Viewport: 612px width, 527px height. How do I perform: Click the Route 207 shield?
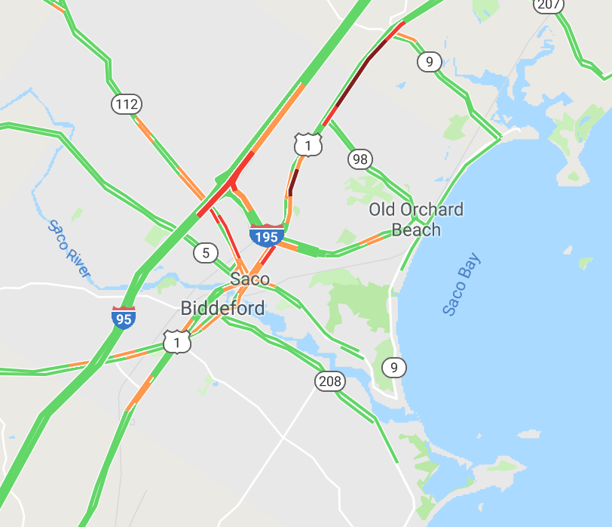click(x=549, y=5)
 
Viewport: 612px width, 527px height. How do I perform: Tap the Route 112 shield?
click(x=127, y=103)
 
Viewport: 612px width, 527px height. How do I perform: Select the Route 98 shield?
click(x=360, y=159)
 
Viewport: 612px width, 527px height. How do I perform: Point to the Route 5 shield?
click(x=206, y=252)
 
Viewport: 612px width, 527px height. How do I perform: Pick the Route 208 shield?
click(x=329, y=381)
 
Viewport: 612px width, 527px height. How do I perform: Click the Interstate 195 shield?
click(x=267, y=236)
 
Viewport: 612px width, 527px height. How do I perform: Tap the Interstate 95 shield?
click(x=124, y=317)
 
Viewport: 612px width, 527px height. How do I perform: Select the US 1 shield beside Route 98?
click(x=308, y=143)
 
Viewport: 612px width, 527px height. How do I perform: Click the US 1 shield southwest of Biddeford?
click(x=177, y=343)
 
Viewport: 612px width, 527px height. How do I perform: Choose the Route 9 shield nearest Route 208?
click(x=393, y=368)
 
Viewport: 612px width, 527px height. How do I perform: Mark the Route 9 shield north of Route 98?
click(x=429, y=62)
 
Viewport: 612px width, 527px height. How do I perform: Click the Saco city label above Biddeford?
click(x=249, y=279)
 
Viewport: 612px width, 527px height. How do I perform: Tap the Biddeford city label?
click(x=222, y=308)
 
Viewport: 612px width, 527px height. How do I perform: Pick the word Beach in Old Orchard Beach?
click(x=416, y=230)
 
